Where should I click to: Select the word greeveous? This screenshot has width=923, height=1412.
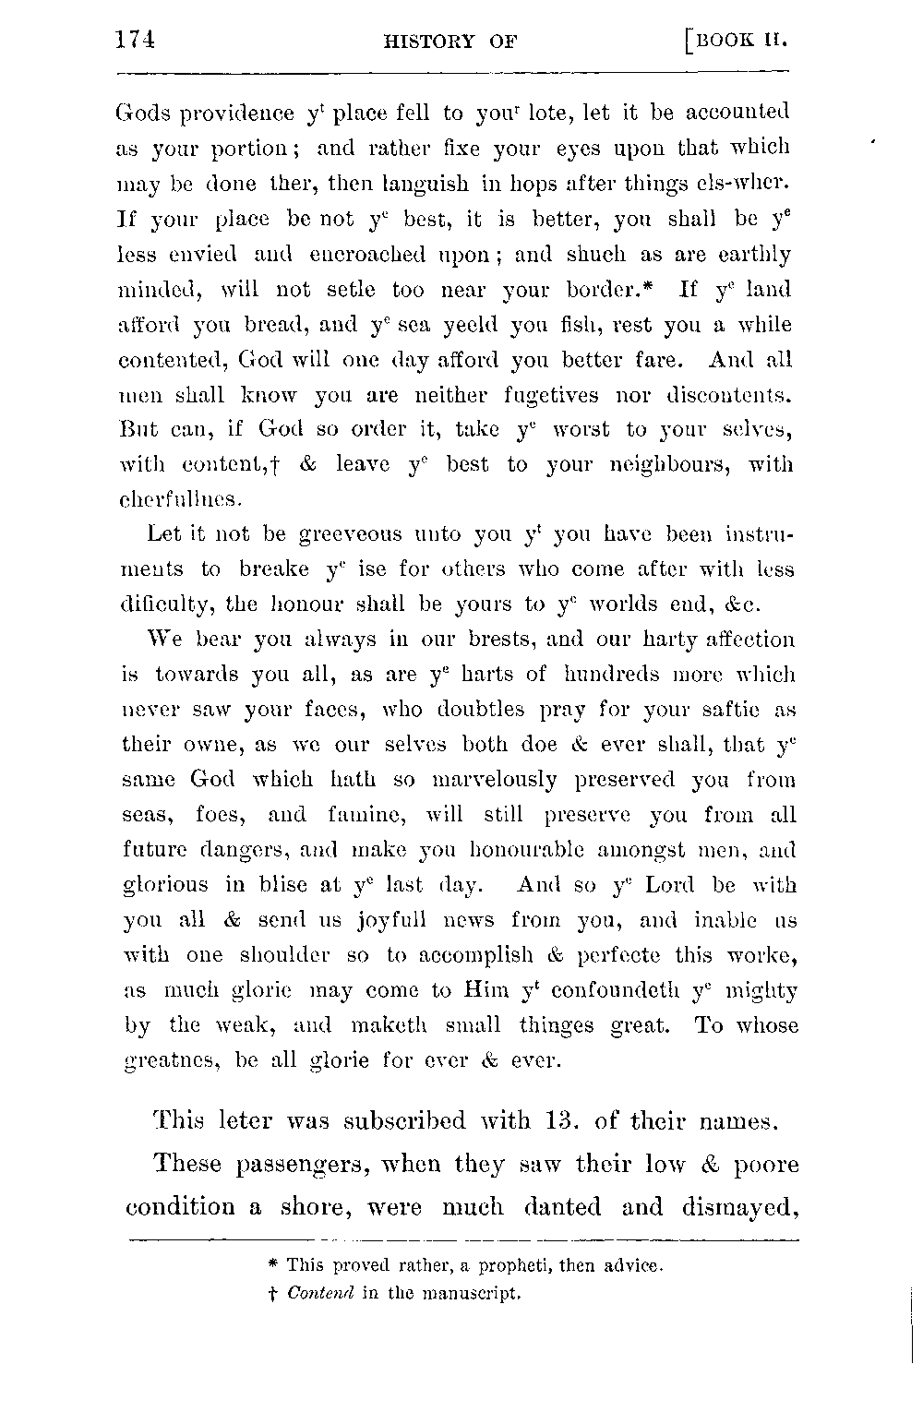click(352, 534)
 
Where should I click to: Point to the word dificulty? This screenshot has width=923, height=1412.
click(165, 604)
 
